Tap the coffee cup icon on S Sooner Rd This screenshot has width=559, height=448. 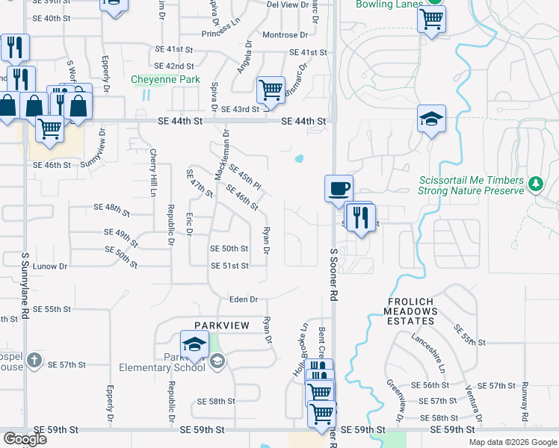(339, 187)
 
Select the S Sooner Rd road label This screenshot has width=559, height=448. (334, 274)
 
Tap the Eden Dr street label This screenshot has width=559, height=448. (244, 299)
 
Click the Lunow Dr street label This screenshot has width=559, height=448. (51, 266)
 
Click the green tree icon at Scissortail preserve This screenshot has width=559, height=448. (535, 184)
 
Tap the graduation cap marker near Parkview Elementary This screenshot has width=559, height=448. (194, 344)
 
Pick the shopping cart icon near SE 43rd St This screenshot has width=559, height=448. (271, 90)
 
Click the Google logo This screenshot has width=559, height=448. (25, 439)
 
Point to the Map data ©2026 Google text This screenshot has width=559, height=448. (512, 442)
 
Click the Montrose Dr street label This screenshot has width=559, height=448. (285, 35)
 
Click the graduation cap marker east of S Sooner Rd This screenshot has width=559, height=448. (431, 119)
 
